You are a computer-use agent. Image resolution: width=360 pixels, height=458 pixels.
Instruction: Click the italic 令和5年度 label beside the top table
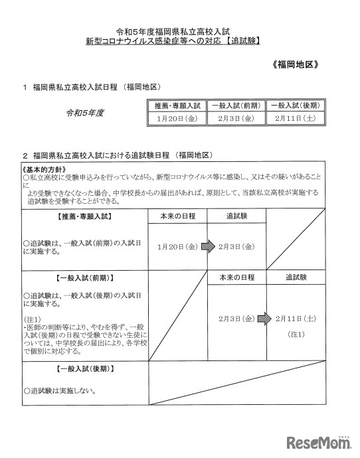pos(84,113)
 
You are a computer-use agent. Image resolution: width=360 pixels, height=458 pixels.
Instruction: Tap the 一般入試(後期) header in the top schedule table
pos(296,106)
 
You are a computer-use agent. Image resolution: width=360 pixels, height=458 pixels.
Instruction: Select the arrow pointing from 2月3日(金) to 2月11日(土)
pos(265,319)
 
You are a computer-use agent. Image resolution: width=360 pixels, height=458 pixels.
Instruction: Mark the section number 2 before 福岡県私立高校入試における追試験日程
pos(24,155)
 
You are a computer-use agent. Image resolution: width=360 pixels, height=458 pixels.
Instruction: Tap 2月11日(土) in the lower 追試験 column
pos(296,319)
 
